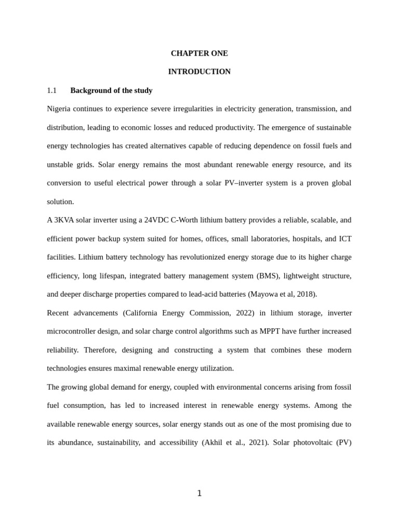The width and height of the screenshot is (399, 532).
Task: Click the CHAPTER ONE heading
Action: point(199,54)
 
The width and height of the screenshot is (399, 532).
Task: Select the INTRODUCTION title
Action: point(199,72)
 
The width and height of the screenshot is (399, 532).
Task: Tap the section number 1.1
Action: point(52,90)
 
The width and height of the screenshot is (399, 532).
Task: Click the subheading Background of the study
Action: point(111,90)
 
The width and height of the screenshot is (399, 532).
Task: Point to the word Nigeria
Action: point(59,109)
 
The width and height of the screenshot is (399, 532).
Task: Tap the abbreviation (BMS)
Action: point(268,276)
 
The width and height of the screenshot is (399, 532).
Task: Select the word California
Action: point(148,313)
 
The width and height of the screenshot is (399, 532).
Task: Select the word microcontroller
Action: point(72,331)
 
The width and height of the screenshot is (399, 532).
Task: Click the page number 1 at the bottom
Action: point(199,494)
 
